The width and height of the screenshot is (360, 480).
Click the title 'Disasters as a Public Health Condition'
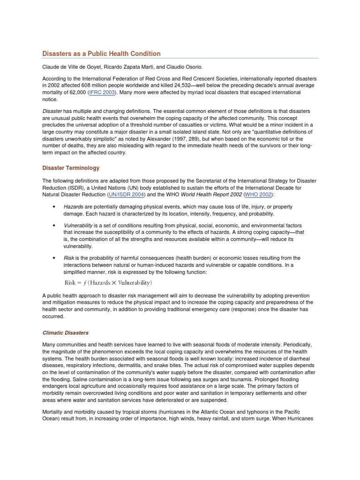102,54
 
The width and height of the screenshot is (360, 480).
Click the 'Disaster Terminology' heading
71,168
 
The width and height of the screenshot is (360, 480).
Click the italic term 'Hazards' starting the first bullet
74,207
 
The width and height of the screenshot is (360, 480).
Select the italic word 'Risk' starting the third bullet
69,258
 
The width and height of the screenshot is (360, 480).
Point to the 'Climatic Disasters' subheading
65,333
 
